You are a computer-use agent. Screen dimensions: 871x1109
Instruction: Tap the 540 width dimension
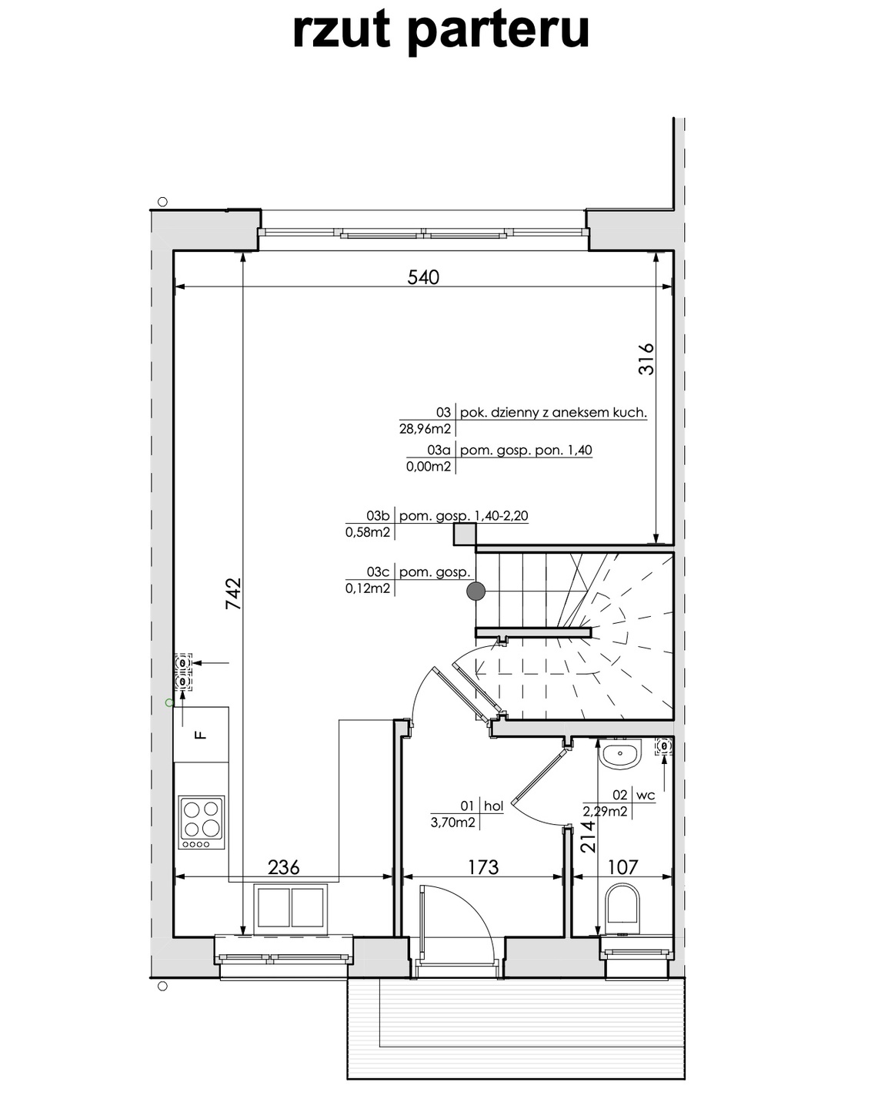423,278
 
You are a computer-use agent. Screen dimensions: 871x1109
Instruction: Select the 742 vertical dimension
233,594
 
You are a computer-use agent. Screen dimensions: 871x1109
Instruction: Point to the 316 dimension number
646,359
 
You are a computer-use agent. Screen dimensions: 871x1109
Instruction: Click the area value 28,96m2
425,428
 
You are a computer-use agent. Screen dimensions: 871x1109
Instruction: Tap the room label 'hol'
493,806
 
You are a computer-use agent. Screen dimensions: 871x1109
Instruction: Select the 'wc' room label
646,795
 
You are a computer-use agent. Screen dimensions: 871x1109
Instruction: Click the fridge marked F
202,735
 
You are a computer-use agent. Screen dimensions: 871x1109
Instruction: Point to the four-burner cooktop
202,823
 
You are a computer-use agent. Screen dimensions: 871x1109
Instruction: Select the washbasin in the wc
620,753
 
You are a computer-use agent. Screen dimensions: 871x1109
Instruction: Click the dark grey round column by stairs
476,591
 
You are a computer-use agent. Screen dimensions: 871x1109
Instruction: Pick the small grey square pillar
464,534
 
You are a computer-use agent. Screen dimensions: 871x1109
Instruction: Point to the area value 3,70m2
453,823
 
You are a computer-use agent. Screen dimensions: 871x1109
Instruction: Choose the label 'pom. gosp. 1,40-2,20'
464,516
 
